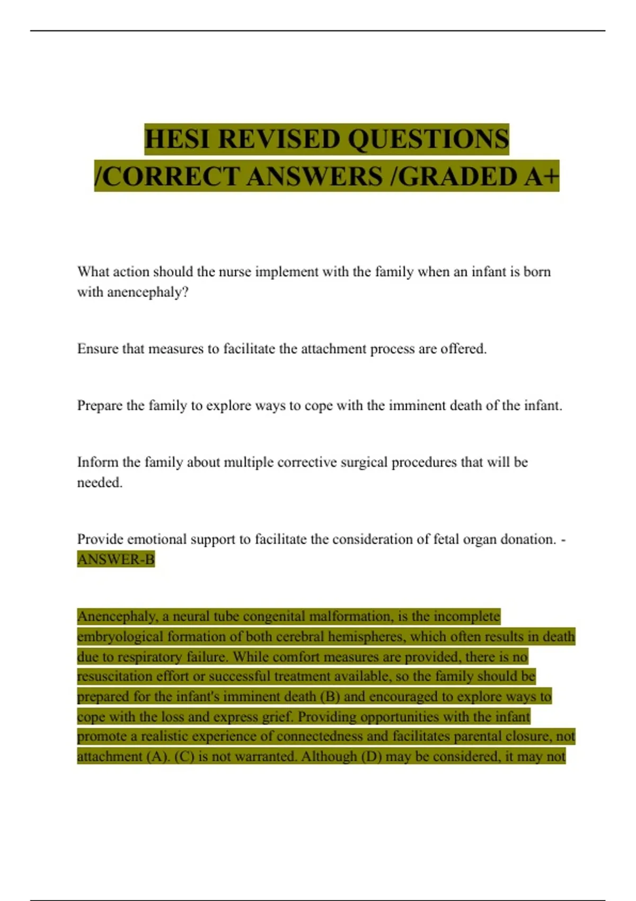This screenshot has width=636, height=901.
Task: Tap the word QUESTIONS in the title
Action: click(428, 139)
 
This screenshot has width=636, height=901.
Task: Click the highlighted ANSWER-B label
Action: click(116, 560)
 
